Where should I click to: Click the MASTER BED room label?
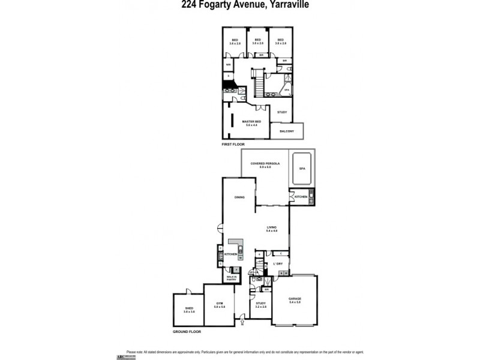pos(251,121)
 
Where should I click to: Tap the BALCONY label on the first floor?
pos(286,131)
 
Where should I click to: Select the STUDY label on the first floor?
pos(282,112)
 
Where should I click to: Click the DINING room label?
pos(239,197)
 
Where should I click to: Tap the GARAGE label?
pos(295,298)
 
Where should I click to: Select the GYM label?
pos(220,304)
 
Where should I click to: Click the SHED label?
pos(189,308)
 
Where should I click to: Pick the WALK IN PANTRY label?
pos(231,277)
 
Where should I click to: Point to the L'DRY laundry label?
pos(278,264)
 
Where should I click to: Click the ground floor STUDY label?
pos(260,304)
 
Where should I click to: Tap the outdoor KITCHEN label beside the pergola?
pos(301,197)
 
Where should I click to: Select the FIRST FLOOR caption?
pos(233,145)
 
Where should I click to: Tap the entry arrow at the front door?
pos(242,322)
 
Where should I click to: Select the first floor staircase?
pos(259,85)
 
